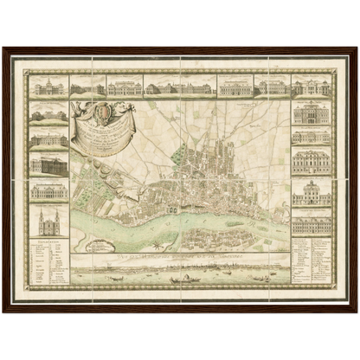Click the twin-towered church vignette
48,222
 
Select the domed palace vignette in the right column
312,192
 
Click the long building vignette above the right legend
312,225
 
